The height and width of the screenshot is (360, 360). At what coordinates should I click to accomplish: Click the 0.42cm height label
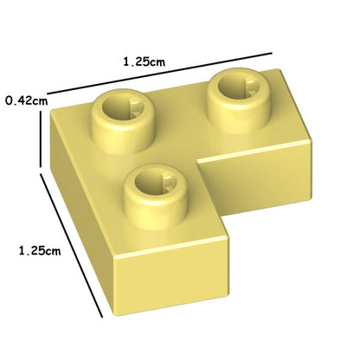[27, 101]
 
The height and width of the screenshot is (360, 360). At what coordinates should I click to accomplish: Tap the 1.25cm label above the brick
[145, 61]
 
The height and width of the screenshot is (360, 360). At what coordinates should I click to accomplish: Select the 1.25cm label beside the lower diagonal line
[40, 250]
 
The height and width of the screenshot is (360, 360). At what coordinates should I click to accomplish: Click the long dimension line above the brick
[160, 74]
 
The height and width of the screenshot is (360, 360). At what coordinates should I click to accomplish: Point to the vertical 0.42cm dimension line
[41, 139]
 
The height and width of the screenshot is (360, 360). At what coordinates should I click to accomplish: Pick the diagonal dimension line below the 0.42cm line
[71, 245]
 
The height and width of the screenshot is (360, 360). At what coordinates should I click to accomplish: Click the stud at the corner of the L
[123, 122]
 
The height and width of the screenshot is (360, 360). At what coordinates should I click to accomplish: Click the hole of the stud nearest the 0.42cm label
[124, 107]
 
